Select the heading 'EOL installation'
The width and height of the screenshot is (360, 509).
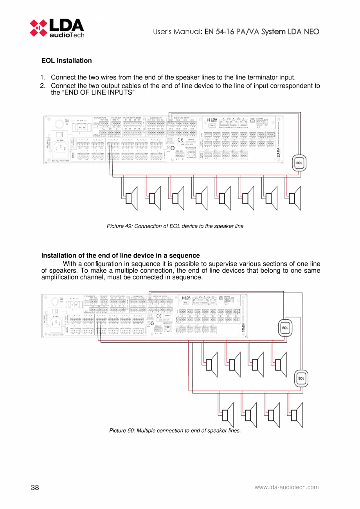[67, 61]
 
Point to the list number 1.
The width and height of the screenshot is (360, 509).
[43, 78]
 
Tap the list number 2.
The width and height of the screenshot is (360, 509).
[43, 86]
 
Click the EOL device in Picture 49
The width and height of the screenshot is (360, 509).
[299, 164]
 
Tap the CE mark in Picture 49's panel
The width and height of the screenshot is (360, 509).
[180, 139]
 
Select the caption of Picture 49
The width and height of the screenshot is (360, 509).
[175, 226]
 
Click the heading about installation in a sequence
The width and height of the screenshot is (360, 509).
[121, 256]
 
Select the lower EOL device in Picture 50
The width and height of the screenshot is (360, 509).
[301, 378]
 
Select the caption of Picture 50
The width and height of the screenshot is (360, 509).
[175, 431]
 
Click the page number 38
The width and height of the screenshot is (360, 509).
[35, 487]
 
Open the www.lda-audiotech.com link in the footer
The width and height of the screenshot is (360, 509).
[286, 487]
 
